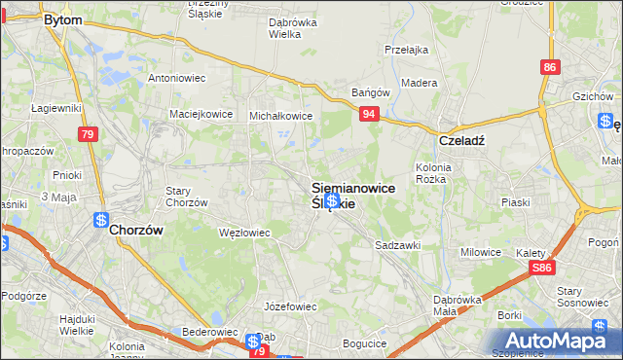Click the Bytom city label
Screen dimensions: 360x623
[x=62, y=19]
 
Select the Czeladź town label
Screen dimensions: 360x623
[x=461, y=140]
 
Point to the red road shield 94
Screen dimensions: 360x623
[x=368, y=115]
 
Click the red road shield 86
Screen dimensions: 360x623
[x=551, y=67]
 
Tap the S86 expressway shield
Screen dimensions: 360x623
[x=543, y=268]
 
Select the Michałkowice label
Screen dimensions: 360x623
[x=280, y=115]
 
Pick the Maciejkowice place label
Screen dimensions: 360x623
[x=201, y=114]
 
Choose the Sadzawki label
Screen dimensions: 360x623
[x=397, y=246]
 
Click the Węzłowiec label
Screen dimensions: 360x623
[x=244, y=233]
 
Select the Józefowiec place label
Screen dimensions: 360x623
[x=291, y=306]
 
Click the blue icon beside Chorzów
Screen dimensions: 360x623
[x=100, y=220]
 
